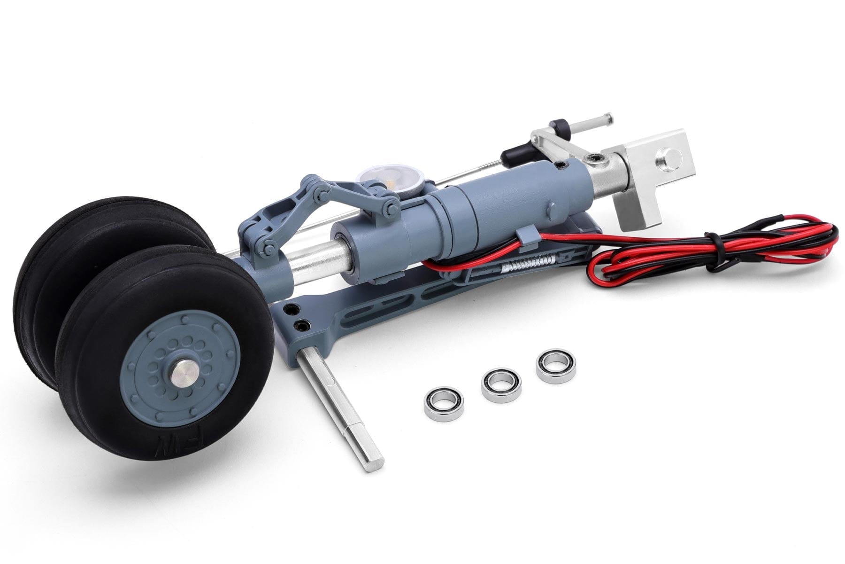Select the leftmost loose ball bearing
(444, 404)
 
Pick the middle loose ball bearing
(501, 383)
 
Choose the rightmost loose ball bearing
(556, 366)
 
